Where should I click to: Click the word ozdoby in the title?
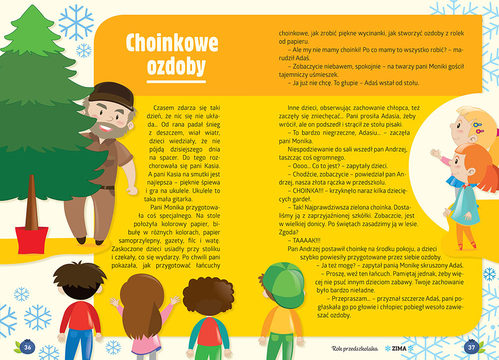click(x=176, y=66)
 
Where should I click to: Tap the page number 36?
click(x=28, y=347)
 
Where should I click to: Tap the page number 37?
click(x=471, y=347)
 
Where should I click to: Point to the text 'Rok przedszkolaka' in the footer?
click(x=354, y=348)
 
